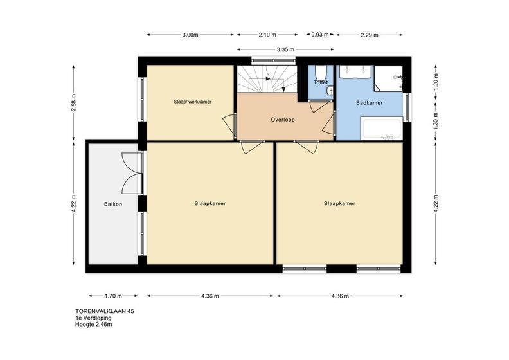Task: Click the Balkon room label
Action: pos(113,204)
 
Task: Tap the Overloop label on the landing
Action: pos(283,120)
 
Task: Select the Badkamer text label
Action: pos(370,103)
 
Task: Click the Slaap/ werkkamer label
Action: pos(193,102)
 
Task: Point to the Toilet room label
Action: pos(321,82)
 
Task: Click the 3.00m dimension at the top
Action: pos(190,35)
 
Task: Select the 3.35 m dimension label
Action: pos(285,50)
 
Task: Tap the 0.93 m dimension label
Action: pos(320,35)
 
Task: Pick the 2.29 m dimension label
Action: pos(370,35)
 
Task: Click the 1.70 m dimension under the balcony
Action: pos(113,296)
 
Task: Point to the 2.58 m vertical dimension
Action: pos(74,103)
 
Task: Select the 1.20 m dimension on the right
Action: pos(436,80)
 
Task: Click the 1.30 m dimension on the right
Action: pos(436,119)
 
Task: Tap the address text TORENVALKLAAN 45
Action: pos(105,311)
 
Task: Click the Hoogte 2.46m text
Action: pos(94,324)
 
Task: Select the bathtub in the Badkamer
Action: pos(382,129)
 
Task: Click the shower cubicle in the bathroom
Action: pos(389,78)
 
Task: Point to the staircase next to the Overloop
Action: pos(267,79)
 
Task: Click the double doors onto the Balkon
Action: pos(132,174)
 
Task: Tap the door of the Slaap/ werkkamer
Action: pos(229,125)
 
